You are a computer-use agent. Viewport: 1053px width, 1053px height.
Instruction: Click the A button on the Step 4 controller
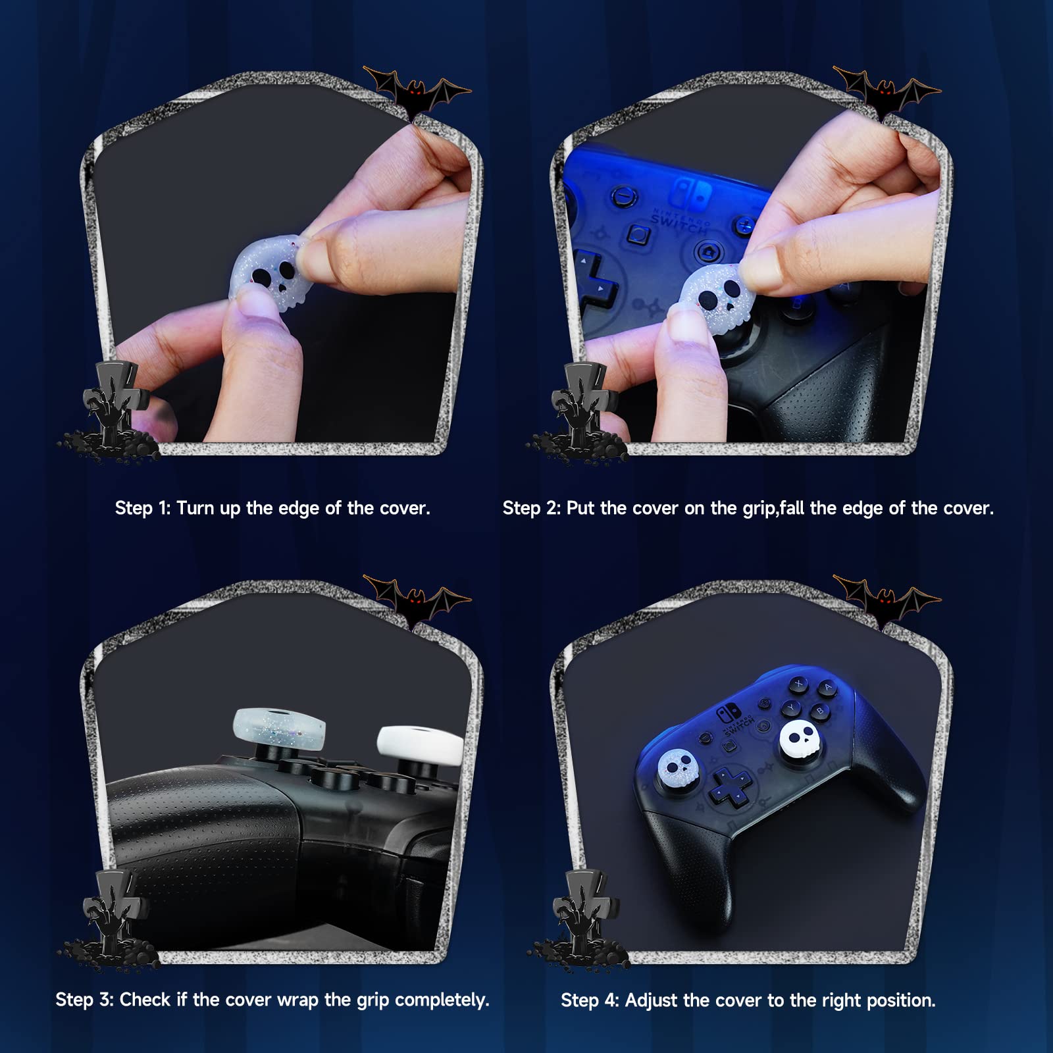tap(827, 689)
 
